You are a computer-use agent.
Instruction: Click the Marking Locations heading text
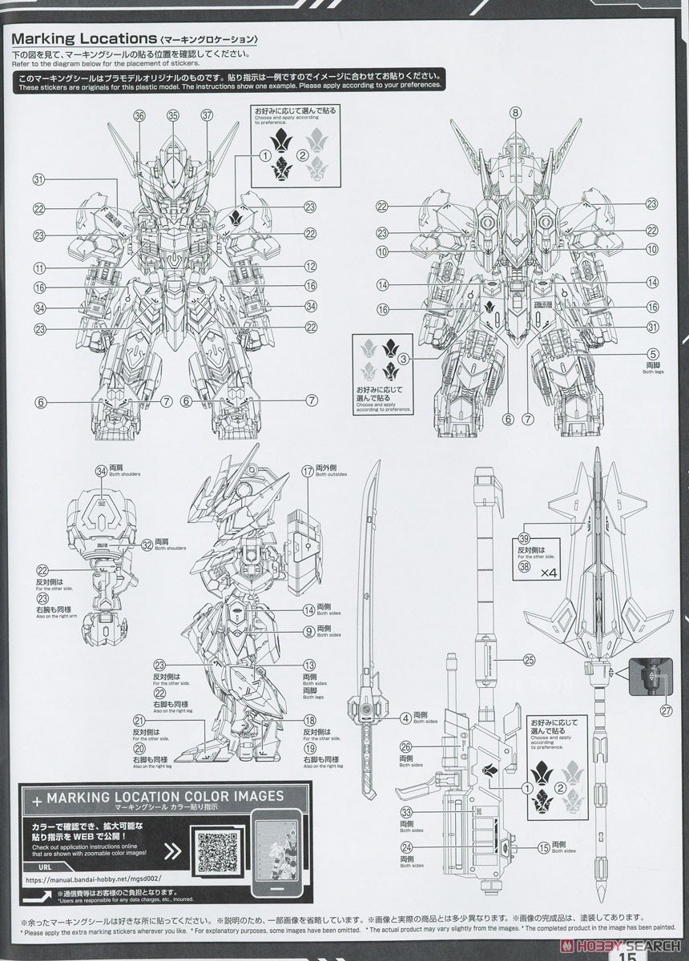pyautogui.click(x=84, y=38)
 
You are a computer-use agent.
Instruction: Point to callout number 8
pyautogui.click(x=515, y=112)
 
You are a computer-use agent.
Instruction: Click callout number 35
pyautogui.click(x=172, y=116)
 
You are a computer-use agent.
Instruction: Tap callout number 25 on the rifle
pyautogui.click(x=528, y=661)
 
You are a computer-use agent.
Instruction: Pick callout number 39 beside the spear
pyautogui.click(x=524, y=538)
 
